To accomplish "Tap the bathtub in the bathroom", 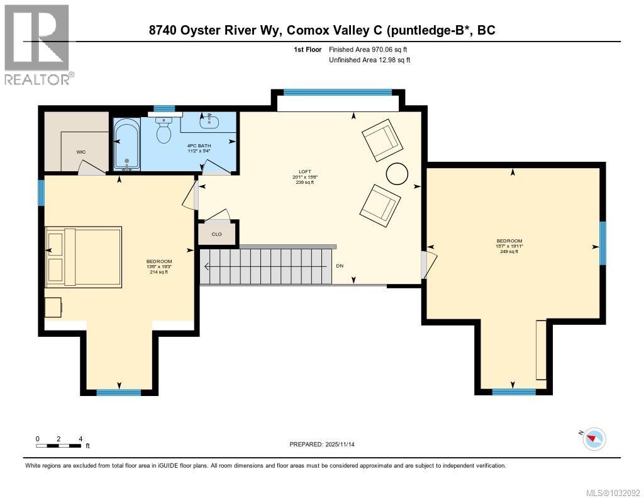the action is click(127, 144).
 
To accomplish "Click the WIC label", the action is click(81, 152).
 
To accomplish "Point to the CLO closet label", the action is click(217, 234).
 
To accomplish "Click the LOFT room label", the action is click(305, 171).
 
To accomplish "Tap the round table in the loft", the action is click(397, 174).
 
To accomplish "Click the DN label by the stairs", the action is click(340, 266).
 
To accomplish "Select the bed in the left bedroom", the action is click(84, 257).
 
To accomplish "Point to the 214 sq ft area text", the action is click(159, 272).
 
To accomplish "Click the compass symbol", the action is click(594, 439).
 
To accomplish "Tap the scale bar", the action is click(58, 445).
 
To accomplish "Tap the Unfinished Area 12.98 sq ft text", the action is click(370, 60).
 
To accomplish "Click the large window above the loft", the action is click(338, 93).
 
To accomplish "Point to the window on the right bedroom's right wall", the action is click(602, 243).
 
